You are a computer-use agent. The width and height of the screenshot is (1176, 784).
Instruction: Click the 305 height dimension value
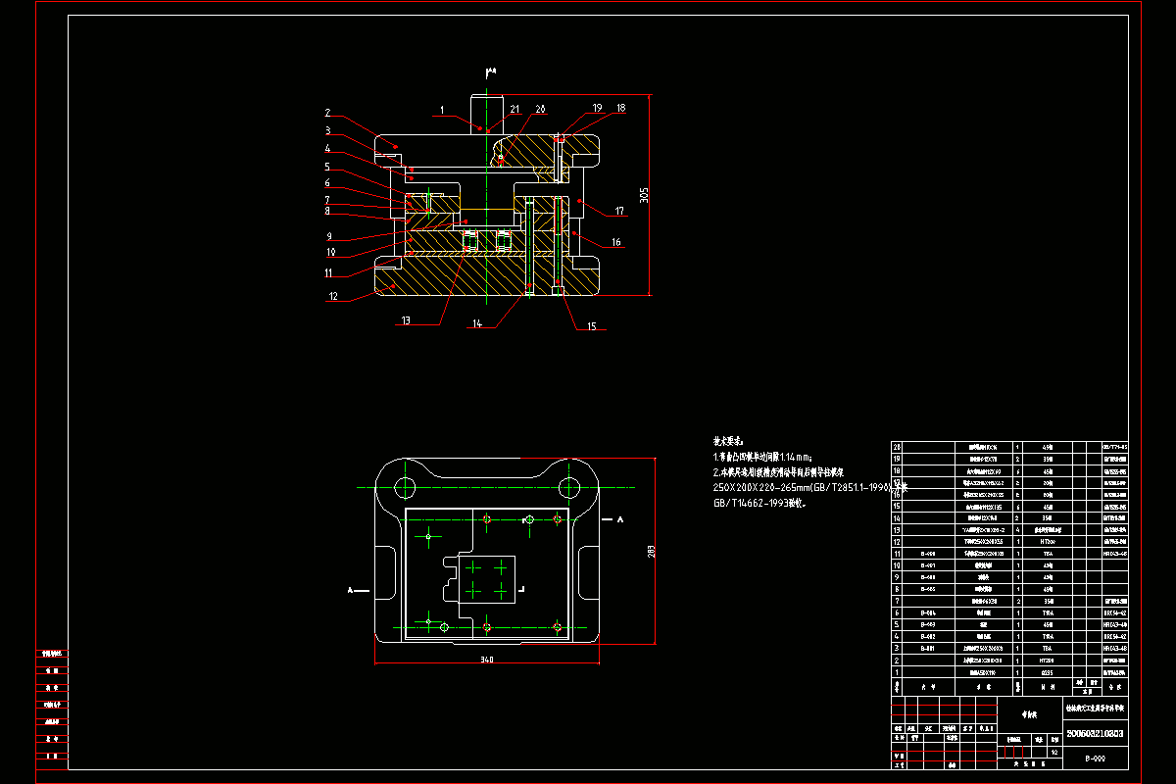[x=644, y=196]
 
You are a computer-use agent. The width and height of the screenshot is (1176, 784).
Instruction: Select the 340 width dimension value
[x=487, y=660]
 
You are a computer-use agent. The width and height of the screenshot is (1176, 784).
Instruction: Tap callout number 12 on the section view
[x=333, y=296]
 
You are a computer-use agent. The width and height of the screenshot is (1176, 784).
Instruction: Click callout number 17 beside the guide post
[x=619, y=210]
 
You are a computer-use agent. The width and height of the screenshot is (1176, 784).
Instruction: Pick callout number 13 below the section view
[x=407, y=320]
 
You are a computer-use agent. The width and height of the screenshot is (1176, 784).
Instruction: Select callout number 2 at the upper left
[x=328, y=113]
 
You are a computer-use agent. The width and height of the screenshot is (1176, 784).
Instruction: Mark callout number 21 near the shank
[x=514, y=109]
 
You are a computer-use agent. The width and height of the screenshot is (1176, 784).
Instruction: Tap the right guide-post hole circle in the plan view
[x=567, y=487]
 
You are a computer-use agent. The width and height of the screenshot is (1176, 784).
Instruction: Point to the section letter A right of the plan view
[x=620, y=519]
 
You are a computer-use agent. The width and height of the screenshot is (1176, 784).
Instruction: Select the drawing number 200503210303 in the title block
[x=1094, y=733]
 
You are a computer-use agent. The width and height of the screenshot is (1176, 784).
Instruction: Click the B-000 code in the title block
[x=1095, y=758]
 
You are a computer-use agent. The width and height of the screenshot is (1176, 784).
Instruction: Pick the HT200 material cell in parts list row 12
[x=1046, y=542]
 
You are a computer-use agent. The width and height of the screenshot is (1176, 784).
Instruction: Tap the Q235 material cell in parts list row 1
[x=1046, y=672]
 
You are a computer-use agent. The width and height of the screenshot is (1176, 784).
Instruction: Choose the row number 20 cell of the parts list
[x=896, y=446]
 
